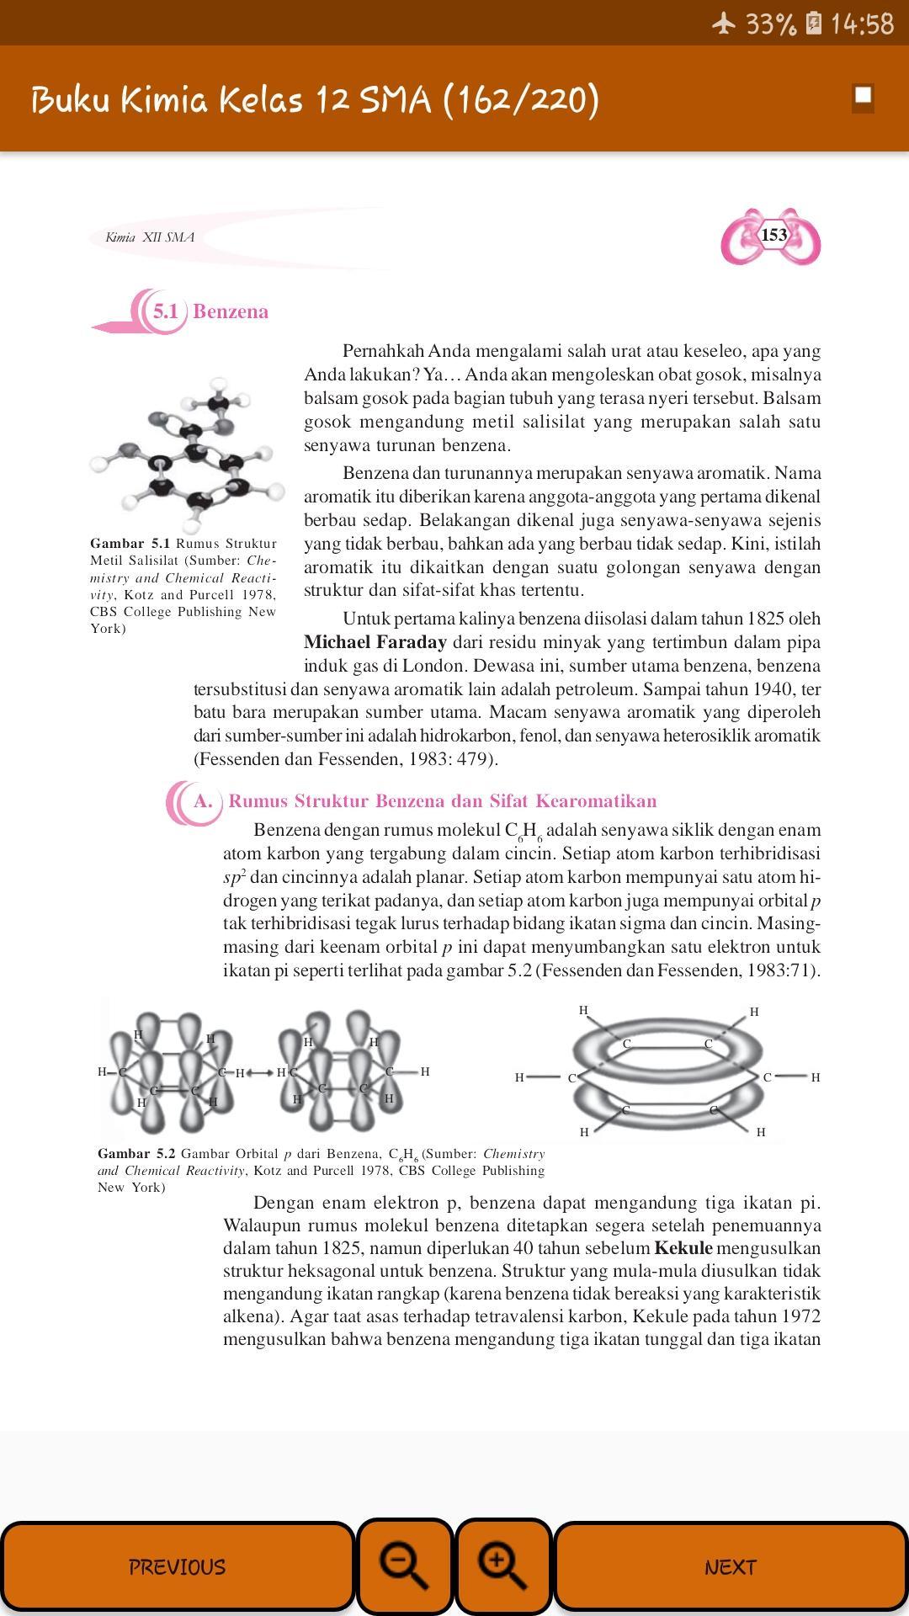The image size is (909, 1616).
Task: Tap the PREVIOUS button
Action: click(177, 1566)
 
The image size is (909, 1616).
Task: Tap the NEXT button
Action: click(730, 1566)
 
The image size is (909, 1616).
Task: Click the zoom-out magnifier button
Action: click(405, 1566)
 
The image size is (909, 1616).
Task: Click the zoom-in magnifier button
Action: click(503, 1566)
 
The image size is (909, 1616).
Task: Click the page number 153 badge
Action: click(773, 236)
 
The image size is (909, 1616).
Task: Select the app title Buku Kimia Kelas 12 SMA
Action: click(315, 99)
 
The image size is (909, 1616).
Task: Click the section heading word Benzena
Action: click(231, 311)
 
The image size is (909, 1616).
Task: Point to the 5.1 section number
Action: click(165, 311)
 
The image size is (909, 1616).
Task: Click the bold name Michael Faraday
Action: click(375, 642)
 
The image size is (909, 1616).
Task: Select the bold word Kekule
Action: click(683, 1248)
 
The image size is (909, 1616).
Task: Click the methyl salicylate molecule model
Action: click(187, 446)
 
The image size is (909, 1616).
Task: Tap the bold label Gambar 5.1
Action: click(130, 544)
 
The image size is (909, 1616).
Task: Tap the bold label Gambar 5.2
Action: click(136, 1154)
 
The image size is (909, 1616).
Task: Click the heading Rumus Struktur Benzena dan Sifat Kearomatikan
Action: click(442, 801)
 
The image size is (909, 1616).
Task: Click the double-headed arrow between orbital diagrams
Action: click(260, 1073)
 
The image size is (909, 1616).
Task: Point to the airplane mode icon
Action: click(724, 24)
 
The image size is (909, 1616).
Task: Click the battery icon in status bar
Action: click(813, 24)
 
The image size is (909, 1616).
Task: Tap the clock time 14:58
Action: click(862, 24)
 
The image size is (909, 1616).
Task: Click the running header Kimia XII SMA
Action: click(150, 237)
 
